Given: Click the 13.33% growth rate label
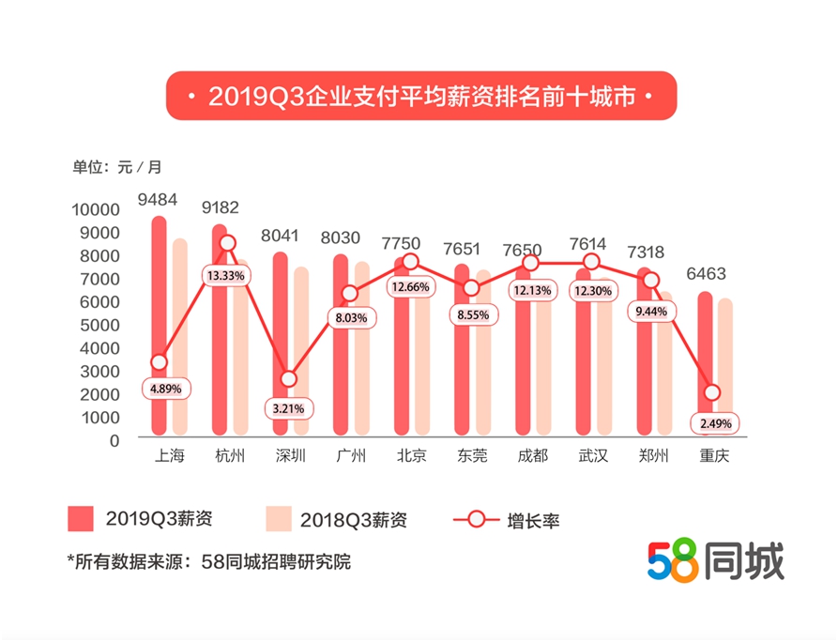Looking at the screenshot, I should [x=227, y=275].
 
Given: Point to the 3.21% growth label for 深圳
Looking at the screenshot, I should [x=288, y=409].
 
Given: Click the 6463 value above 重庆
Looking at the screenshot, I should [x=718, y=274].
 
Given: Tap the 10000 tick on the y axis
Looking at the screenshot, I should [x=96, y=209].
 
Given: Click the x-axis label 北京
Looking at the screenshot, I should [x=410, y=456].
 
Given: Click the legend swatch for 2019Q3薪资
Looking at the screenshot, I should [x=82, y=519].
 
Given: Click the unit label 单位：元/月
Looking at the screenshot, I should [x=117, y=167].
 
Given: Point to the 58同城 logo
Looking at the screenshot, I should [x=715, y=560].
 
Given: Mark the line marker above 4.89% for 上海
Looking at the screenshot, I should [x=159, y=362].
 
